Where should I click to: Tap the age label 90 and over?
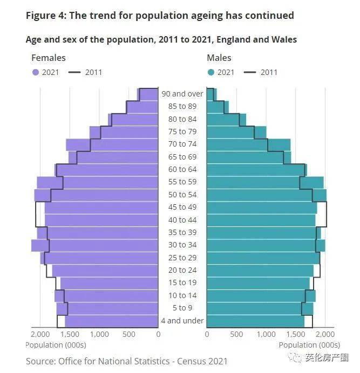point(182,94)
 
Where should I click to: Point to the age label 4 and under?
point(182,321)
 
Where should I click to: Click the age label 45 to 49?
point(182,208)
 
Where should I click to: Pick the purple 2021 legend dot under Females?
point(36,72)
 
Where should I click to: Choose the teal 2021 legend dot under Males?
point(211,72)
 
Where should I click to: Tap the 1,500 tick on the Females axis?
point(69,334)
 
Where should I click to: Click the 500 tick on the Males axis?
point(236,334)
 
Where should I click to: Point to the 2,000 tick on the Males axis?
point(324,334)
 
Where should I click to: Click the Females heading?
point(49,58)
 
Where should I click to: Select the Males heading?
point(219,58)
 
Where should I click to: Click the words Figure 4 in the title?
point(45,16)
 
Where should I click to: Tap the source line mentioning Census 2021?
point(127,361)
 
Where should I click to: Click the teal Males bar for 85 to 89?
point(218,107)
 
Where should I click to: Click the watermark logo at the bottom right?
point(295,357)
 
